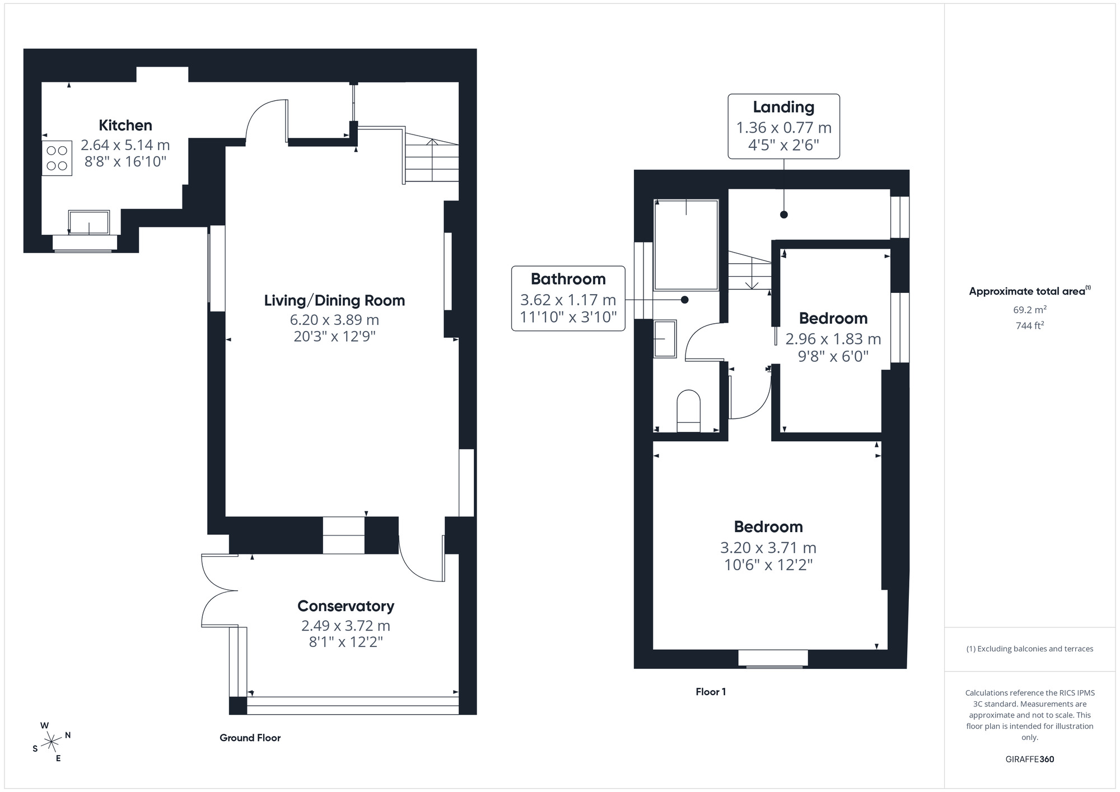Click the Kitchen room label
tap(125, 125)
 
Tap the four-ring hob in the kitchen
tap(57, 158)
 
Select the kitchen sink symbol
tap(89, 222)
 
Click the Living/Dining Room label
tap(334, 300)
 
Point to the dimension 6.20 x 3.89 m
tap(334, 320)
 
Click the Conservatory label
tap(346, 606)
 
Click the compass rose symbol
tap(52, 742)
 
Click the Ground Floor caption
tap(250, 738)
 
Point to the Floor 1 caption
tap(711, 692)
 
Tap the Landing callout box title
tap(783, 107)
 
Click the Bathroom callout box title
tap(568, 279)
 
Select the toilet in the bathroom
tap(689, 411)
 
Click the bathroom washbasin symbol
tap(665, 338)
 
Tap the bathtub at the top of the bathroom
tap(686, 245)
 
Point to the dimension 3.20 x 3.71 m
tap(768, 547)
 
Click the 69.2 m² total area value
tap(1029, 309)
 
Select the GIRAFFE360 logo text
tap(1029, 759)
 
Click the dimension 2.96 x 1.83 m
tap(833, 339)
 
